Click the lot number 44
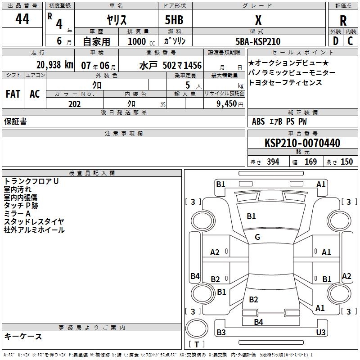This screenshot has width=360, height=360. pyautogui.click(x=22, y=19)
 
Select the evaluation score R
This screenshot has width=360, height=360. pyautogui.click(x=343, y=20)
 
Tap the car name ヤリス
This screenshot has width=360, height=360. pyautogui.click(x=116, y=20)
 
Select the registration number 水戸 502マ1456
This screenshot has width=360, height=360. pyautogui.click(x=171, y=65)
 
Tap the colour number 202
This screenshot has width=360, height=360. pyautogui.click(x=74, y=104)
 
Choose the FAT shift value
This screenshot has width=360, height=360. pyautogui.click(x=13, y=94)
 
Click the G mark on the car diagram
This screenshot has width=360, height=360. pyautogui.click(x=257, y=237)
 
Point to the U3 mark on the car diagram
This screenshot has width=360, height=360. pyautogui.click(x=321, y=332)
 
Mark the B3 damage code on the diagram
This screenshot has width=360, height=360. pyautogui.click(x=221, y=332)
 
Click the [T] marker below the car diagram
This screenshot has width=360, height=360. pyautogui.click(x=197, y=345)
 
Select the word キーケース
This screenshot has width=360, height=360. pyautogui.click(x=23, y=336)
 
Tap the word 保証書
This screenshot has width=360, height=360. pyautogui.click(x=15, y=121)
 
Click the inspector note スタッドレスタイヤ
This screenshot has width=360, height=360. pyautogui.click(x=34, y=221)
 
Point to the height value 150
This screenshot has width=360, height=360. pyautogui.click(x=346, y=162)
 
